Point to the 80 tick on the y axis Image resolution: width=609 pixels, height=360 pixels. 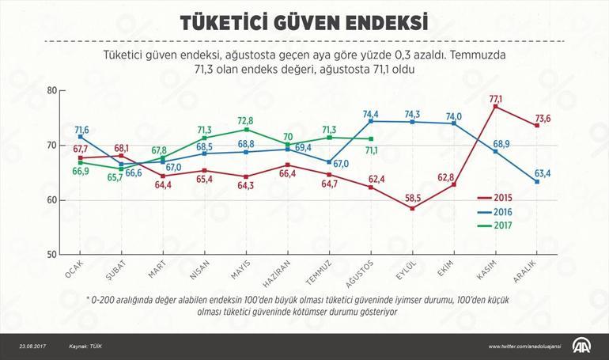[x=53, y=90]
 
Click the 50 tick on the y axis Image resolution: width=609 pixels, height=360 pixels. [x=53, y=255]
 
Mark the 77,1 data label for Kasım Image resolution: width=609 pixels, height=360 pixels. [x=496, y=98]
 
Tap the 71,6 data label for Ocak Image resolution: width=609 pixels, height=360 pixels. [x=81, y=129]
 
